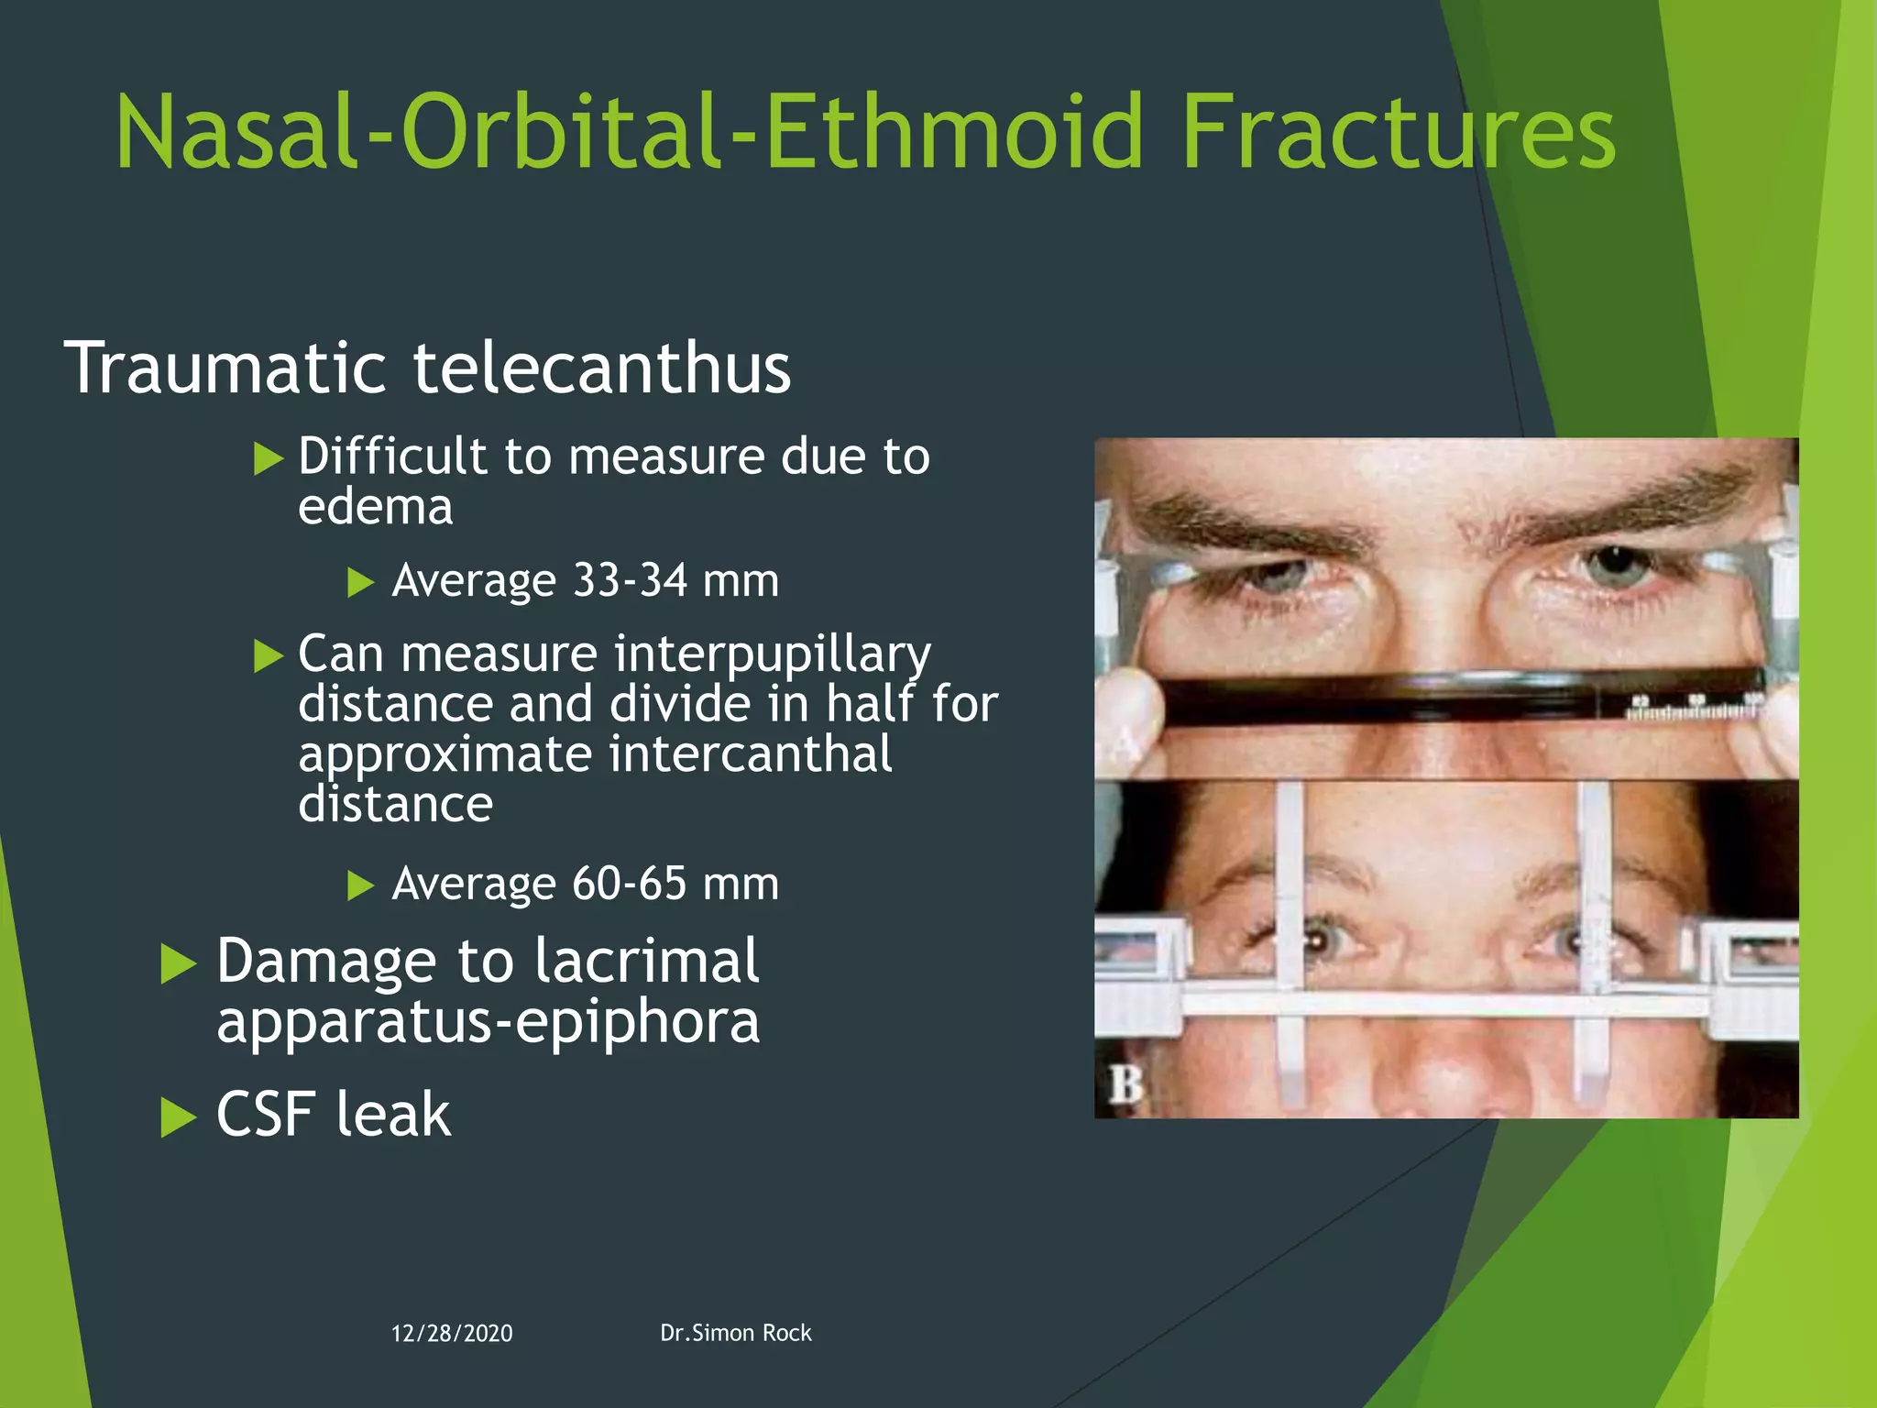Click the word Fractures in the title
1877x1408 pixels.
point(1398,135)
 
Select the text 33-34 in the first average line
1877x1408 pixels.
point(630,580)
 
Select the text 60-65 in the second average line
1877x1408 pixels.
point(630,884)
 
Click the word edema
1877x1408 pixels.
point(376,507)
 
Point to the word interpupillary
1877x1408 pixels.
point(773,654)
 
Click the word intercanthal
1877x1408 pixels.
point(750,754)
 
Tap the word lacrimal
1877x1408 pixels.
point(646,961)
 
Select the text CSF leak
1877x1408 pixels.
point(334,1115)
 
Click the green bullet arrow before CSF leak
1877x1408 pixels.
point(178,1117)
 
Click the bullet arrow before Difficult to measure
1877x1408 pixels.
point(268,457)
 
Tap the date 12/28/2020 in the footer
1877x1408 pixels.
point(452,1334)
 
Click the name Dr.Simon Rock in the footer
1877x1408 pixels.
point(735,1333)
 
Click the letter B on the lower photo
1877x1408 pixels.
point(1125,1084)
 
